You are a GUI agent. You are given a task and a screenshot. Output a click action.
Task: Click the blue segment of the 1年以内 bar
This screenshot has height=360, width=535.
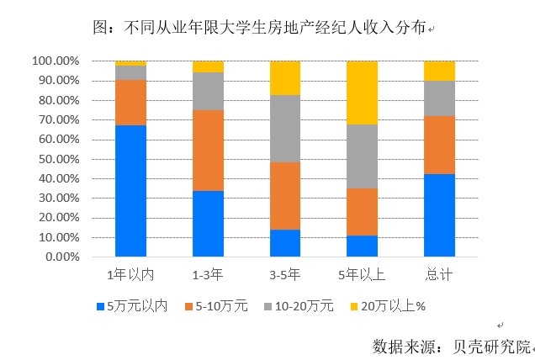point(130,191)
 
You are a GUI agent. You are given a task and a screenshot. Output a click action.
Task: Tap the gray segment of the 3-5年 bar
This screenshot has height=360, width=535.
point(285,128)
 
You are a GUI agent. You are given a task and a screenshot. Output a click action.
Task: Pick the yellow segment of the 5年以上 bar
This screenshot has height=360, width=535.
point(362,93)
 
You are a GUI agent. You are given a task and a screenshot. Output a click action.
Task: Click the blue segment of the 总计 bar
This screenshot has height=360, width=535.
point(439,214)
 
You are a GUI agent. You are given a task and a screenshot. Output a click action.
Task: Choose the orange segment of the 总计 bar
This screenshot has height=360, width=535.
point(439,145)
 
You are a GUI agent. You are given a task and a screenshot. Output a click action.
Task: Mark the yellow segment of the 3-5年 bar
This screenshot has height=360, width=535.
point(285,77)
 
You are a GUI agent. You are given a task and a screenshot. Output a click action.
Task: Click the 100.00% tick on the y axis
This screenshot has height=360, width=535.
point(56,61)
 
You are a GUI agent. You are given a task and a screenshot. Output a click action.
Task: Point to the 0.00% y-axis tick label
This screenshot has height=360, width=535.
point(61,257)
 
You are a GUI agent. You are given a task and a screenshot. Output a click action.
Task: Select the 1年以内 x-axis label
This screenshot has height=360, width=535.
point(130,275)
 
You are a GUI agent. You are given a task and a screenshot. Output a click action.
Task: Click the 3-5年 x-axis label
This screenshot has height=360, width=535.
point(285,275)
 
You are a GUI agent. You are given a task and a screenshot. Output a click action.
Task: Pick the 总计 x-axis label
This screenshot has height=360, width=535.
point(439,275)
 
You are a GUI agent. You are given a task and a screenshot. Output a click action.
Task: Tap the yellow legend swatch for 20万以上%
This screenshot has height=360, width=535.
point(354,306)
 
